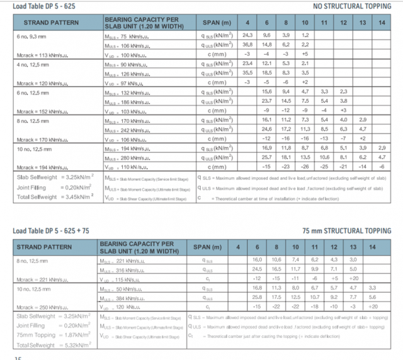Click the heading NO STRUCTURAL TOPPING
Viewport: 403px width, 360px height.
pyautogui.click(x=358, y=7)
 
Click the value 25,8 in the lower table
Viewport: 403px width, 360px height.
pyautogui.click(x=257, y=297)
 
